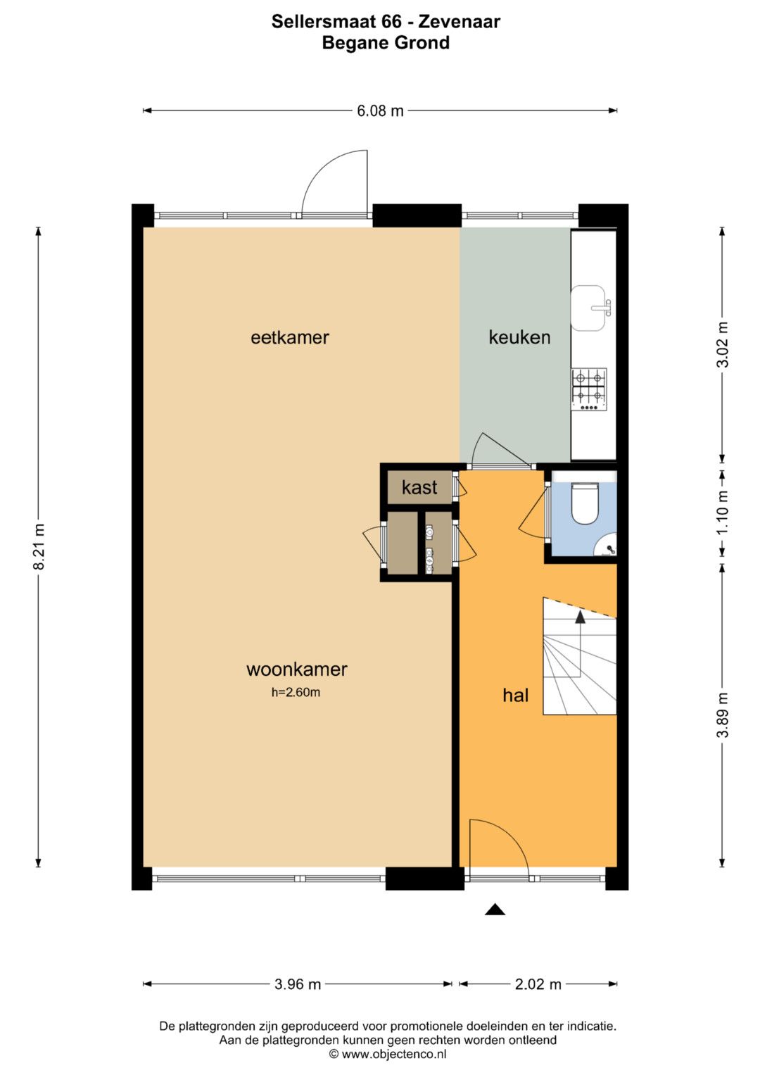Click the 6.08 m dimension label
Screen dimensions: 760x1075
click(380, 111)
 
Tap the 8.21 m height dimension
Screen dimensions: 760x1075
click(39, 546)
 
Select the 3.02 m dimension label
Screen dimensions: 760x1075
click(722, 344)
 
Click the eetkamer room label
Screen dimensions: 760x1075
click(290, 337)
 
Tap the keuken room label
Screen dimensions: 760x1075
click(519, 337)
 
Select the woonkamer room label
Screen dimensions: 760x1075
click(296, 669)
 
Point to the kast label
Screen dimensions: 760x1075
click(419, 488)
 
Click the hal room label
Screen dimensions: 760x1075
click(515, 695)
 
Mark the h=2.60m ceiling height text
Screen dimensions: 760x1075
click(296, 692)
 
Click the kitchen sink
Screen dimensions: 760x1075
click(588, 308)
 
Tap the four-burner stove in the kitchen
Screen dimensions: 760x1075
click(589, 390)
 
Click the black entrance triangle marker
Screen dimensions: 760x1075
click(495, 910)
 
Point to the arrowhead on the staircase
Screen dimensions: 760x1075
click(581, 617)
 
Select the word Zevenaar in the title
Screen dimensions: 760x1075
click(459, 22)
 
